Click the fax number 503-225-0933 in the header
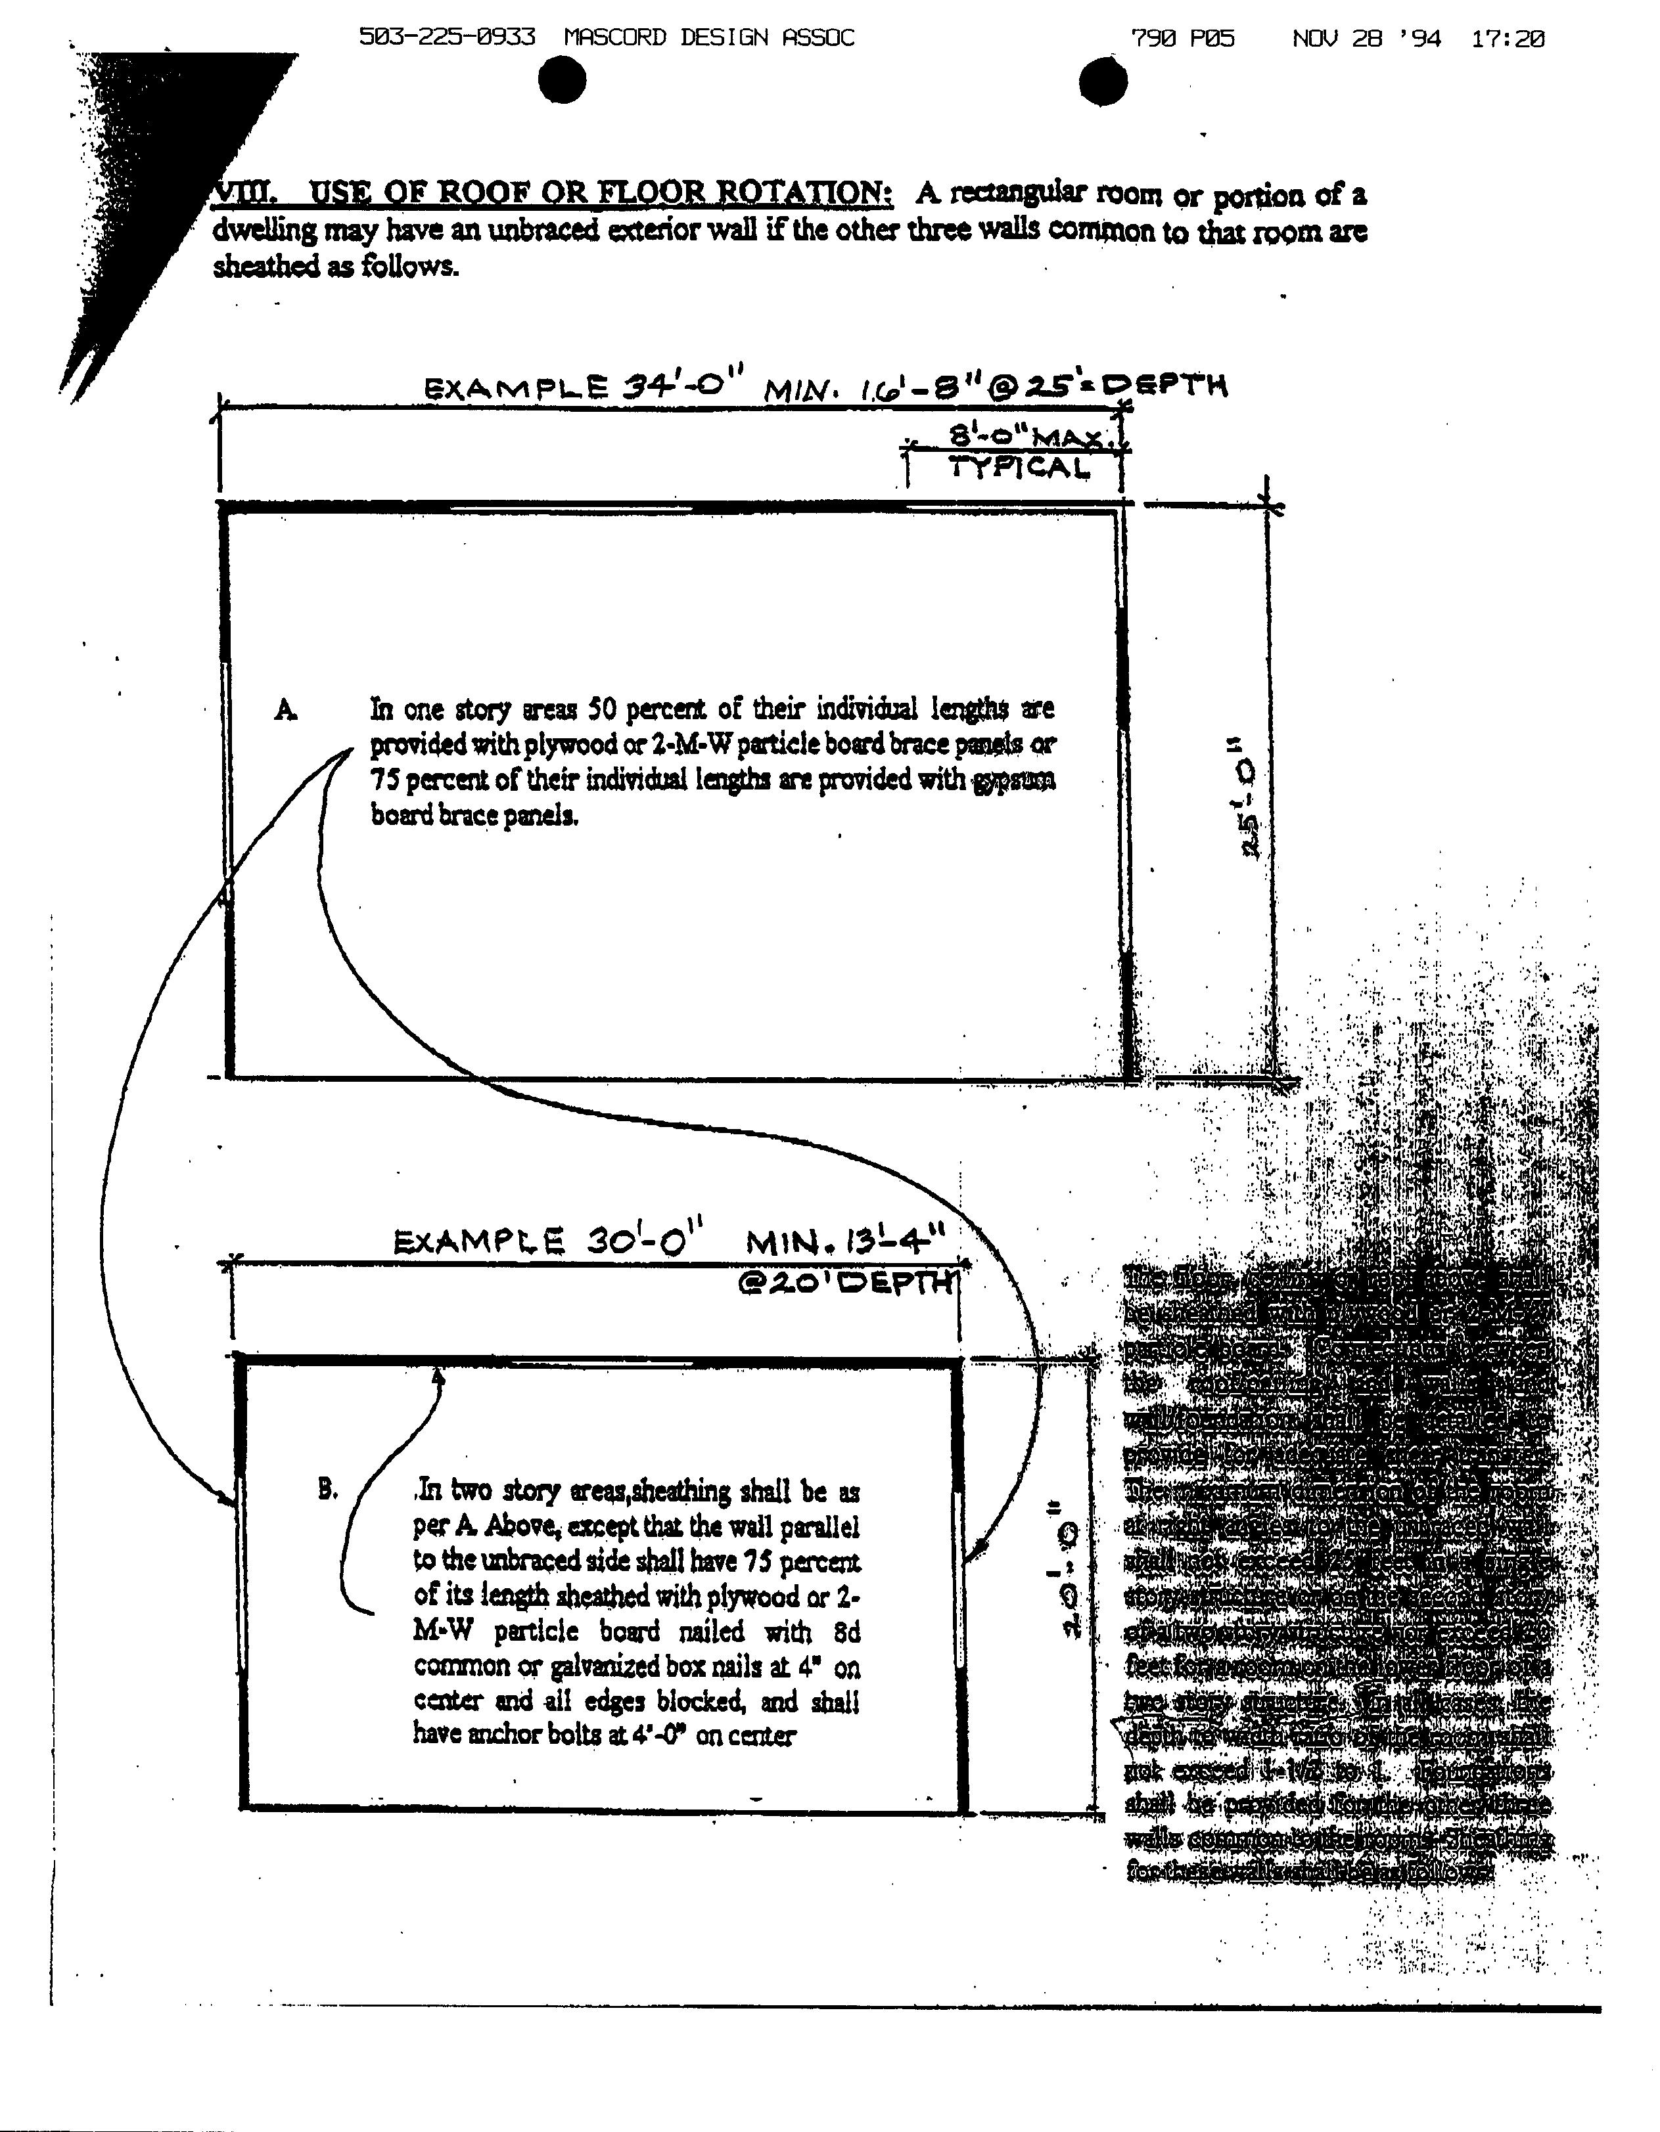tap(448, 38)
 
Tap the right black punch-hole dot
tap(1103, 80)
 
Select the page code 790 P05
tap(1182, 39)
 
